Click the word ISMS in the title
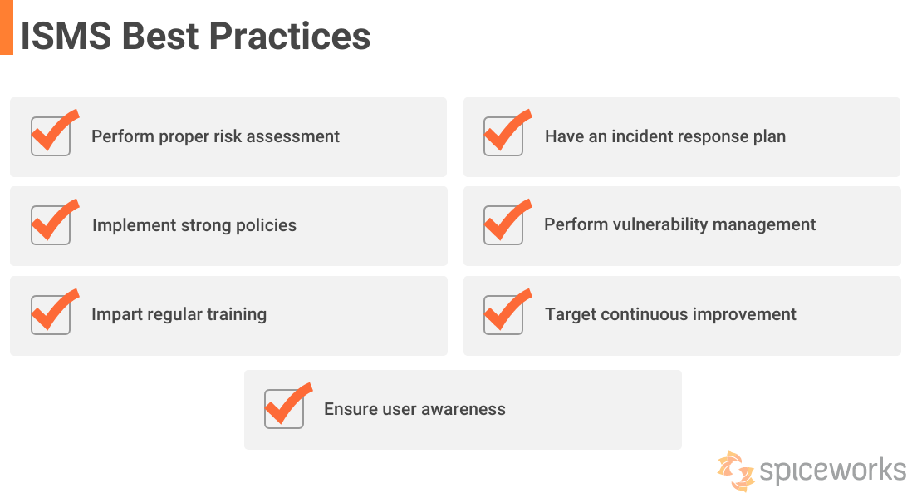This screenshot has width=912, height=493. coord(65,36)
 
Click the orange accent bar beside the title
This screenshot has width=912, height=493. coord(6,27)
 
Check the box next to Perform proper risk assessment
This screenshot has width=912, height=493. coord(51,136)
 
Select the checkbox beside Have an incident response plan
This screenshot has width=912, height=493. coord(503,136)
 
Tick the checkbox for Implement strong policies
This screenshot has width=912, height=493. coord(51,224)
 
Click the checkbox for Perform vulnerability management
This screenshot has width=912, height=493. coord(503,224)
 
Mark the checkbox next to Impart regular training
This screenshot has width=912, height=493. coord(51,314)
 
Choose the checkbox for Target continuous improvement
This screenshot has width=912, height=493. coord(503,314)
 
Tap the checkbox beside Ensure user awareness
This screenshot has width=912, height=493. coord(284,408)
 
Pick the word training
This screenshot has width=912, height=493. coord(235,314)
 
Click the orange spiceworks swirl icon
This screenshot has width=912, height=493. coord(736,470)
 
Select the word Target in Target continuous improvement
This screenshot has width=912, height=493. coord(570,314)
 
